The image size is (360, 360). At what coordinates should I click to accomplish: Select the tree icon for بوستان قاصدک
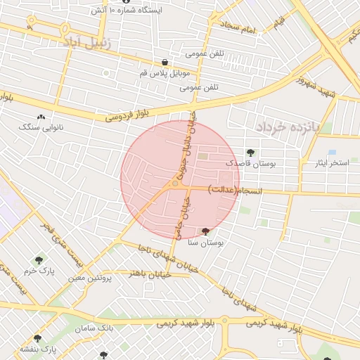[x=251, y=153]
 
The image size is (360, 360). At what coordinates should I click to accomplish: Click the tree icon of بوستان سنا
[x=205, y=231]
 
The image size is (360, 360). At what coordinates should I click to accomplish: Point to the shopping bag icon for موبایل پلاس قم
[x=165, y=63]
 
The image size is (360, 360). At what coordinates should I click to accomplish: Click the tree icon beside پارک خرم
[x=39, y=261]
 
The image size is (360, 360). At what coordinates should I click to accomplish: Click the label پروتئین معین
[x=91, y=278]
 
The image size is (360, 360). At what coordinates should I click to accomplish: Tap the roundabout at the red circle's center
[x=175, y=184]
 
